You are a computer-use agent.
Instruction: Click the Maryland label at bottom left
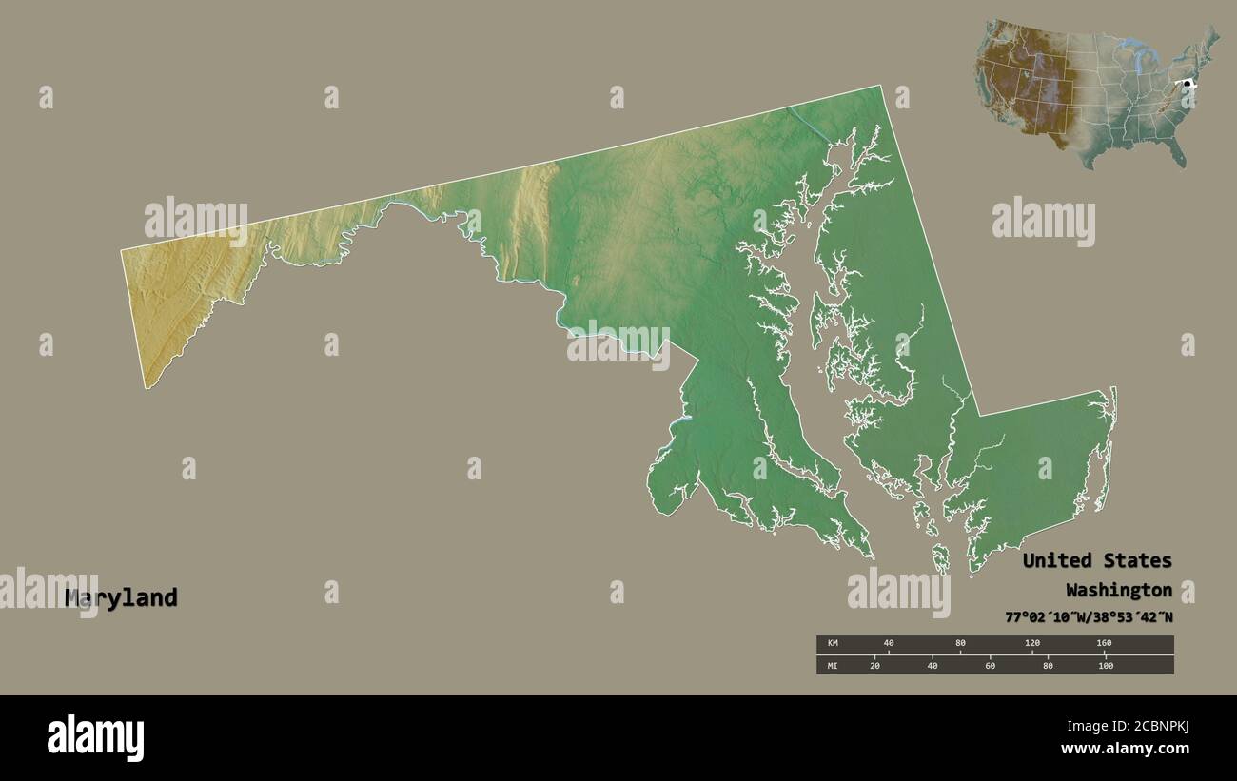(122, 597)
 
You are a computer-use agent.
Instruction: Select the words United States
(1096, 560)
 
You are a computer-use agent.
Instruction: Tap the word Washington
(1118, 589)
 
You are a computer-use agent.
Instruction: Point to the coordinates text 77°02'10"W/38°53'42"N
(1089, 617)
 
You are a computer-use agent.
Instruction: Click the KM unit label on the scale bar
(833, 644)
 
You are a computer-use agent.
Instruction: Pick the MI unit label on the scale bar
(833, 665)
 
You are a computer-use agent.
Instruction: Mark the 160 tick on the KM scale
(1104, 644)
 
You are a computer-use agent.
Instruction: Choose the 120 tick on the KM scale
(1031, 644)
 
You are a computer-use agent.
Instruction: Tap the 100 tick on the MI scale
(1105, 665)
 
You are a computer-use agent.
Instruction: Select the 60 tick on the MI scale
(990, 665)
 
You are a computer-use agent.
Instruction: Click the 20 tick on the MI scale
(874, 665)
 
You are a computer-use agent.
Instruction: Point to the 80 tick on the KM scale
(960, 644)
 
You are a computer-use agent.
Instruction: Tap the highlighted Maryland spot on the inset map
(1187, 85)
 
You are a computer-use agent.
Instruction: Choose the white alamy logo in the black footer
(95, 738)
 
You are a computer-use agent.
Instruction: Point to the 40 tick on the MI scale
(933, 665)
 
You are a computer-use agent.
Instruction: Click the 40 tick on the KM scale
(889, 644)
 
